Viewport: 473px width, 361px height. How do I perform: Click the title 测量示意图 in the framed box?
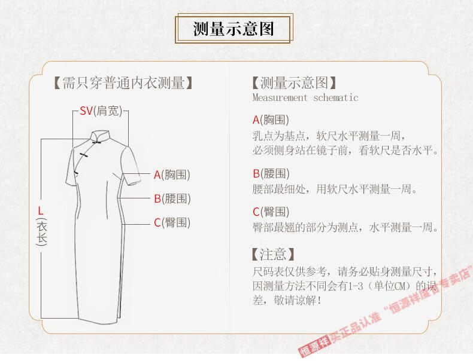234,29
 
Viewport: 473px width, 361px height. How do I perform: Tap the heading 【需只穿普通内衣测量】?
123,83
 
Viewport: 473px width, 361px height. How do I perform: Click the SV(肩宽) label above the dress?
101,111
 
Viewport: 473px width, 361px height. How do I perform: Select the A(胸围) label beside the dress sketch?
172,175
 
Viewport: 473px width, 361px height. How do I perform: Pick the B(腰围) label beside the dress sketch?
172,198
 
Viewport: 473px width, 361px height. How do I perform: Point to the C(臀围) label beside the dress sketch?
172,223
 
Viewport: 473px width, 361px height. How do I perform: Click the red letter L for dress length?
41,210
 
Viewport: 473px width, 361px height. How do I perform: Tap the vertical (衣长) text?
41,232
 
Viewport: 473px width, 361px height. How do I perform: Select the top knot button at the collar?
96,142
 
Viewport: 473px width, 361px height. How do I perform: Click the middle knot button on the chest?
83,155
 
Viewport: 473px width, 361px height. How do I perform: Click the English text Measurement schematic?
305,97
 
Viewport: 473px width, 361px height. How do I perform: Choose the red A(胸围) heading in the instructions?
271,120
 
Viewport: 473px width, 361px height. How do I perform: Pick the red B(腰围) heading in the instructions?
271,174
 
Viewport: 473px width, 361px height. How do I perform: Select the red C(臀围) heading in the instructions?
271,212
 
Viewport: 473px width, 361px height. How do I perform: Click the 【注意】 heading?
273,255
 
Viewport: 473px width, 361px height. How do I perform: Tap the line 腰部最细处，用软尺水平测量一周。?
335,189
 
